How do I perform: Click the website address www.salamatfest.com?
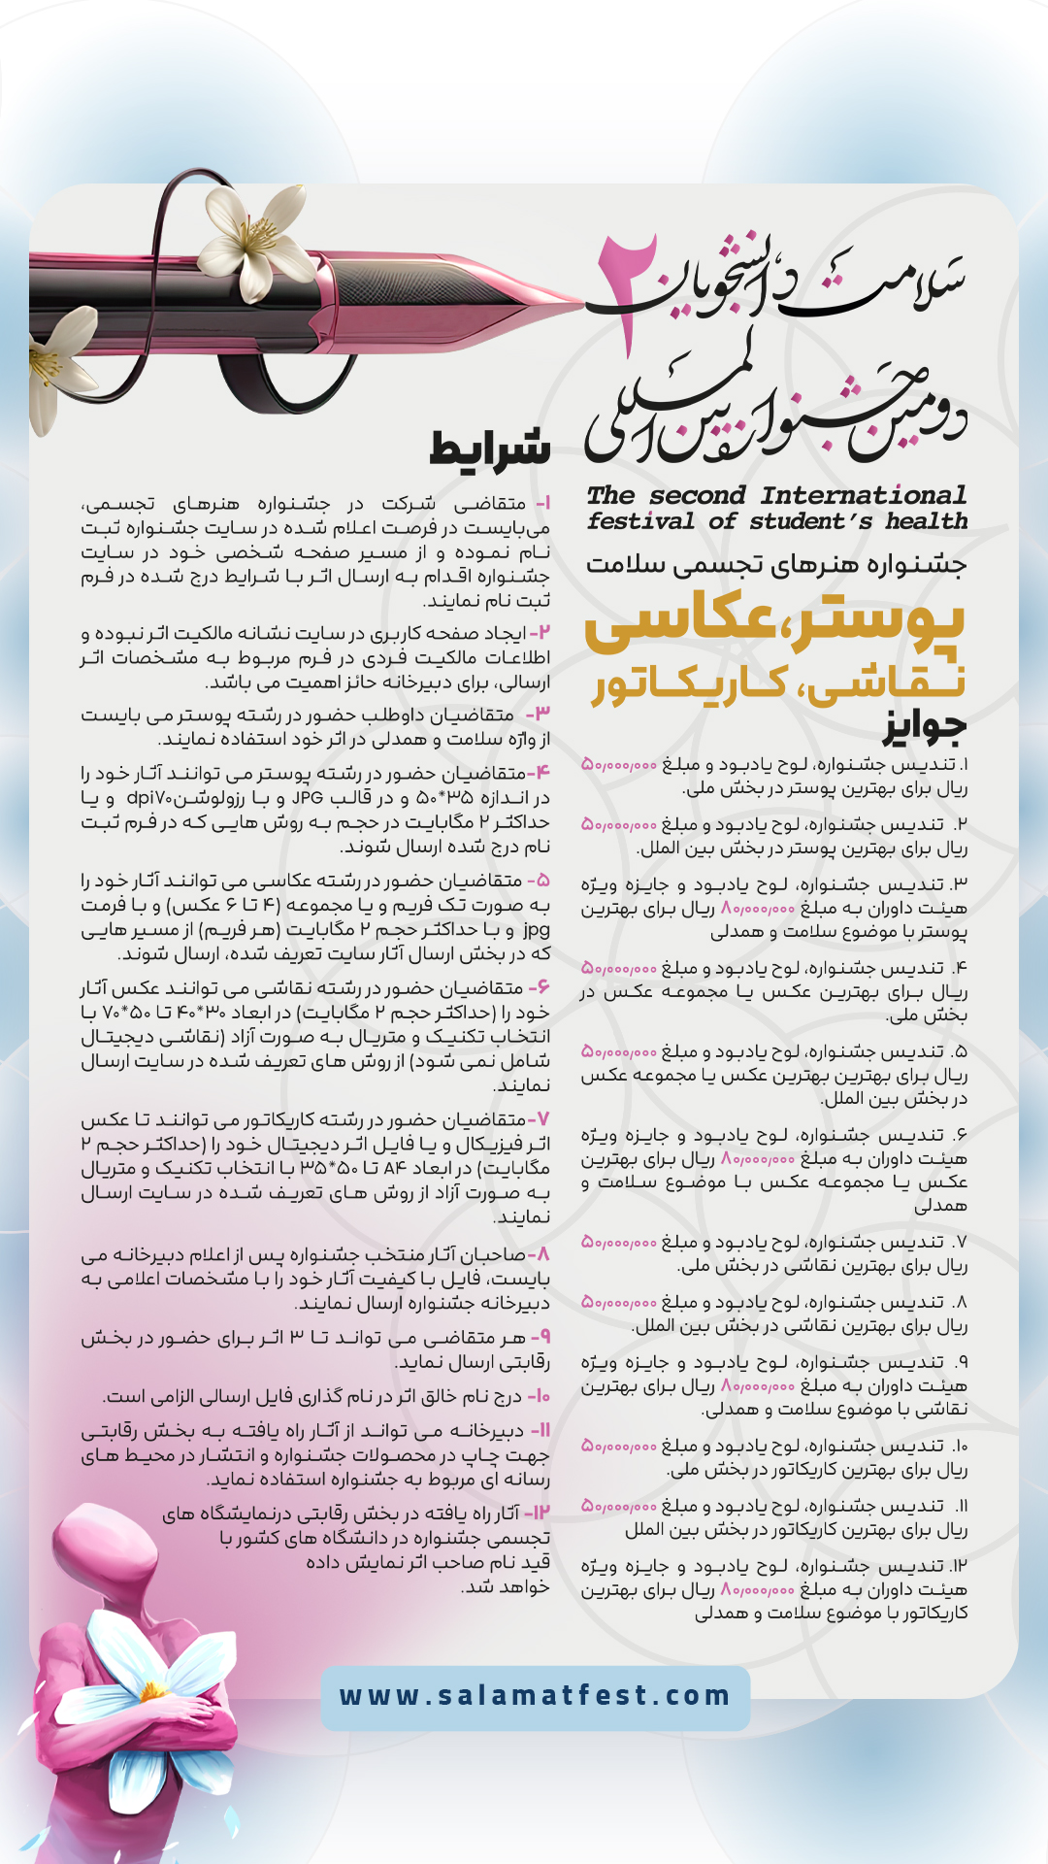point(535,1696)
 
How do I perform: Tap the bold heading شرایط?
point(490,449)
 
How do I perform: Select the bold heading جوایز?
point(924,724)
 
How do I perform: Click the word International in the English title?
point(864,495)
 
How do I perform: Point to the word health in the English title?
point(926,521)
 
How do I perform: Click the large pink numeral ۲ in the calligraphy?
point(629,291)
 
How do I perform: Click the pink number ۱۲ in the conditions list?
point(539,1513)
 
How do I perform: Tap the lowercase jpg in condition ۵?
point(537,929)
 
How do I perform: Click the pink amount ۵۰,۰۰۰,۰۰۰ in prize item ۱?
point(619,765)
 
